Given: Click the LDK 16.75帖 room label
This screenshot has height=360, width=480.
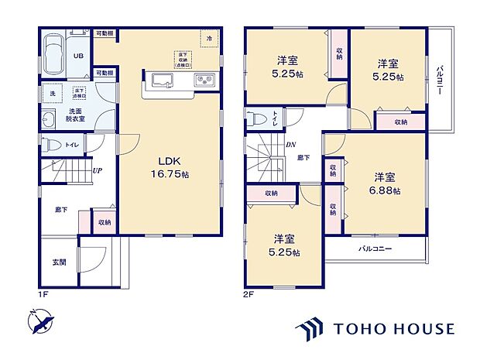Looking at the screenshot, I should point(173,167).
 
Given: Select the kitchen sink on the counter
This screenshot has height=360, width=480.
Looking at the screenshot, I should point(163,81).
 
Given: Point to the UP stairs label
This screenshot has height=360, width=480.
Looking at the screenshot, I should point(98,170).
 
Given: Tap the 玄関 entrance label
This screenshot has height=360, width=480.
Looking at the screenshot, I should point(59,262).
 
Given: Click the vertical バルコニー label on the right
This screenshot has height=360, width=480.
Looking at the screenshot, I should point(439,79).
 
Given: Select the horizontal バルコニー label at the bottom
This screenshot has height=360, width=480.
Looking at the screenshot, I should point(375,249).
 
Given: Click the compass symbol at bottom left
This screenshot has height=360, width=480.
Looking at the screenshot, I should point(41,320).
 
